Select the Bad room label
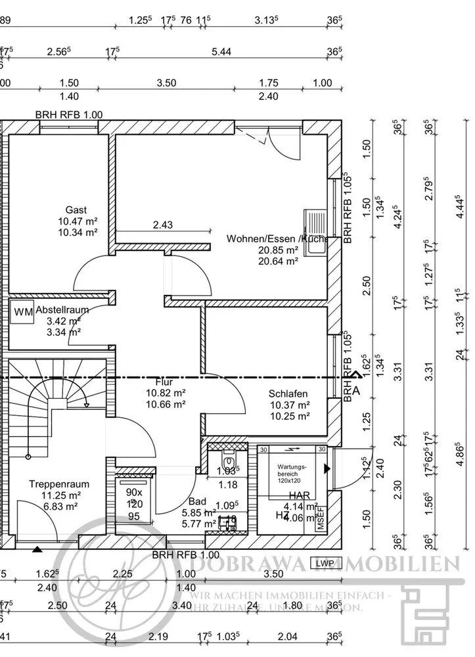click(196, 501)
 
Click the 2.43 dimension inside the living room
click(162, 225)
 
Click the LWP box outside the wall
click(323, 563)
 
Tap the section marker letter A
click(357, 390)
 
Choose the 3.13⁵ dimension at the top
click(267, 20)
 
